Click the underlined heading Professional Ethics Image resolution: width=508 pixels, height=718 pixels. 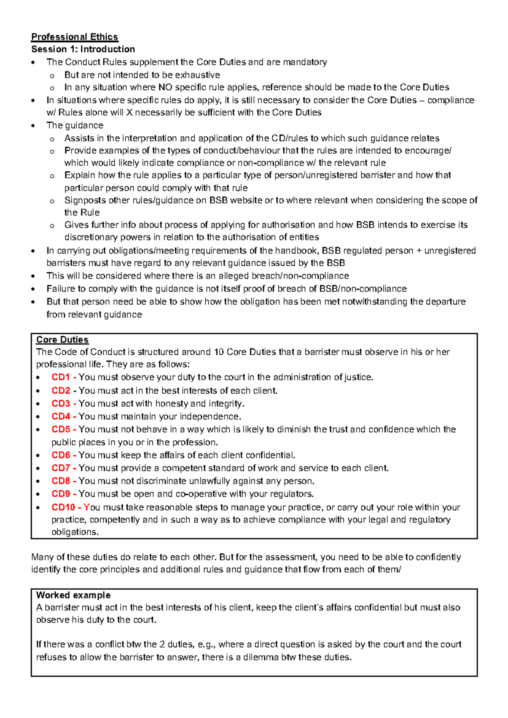(75, 37)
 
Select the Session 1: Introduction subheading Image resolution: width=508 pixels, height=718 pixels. (83, 49)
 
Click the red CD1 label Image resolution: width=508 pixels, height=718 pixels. (61, 377)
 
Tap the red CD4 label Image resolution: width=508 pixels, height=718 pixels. (61, 417)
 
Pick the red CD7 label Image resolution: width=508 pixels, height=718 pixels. (61, 468)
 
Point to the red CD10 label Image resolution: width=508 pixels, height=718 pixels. (63, 507)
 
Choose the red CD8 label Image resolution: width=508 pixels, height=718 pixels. (61, 481)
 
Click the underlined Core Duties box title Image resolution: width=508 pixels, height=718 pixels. (62, 340)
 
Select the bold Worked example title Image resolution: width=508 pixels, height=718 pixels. (73, 595)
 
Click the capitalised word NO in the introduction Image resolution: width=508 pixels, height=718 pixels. (165, 88)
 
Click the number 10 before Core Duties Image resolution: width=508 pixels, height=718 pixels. (219, 352)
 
